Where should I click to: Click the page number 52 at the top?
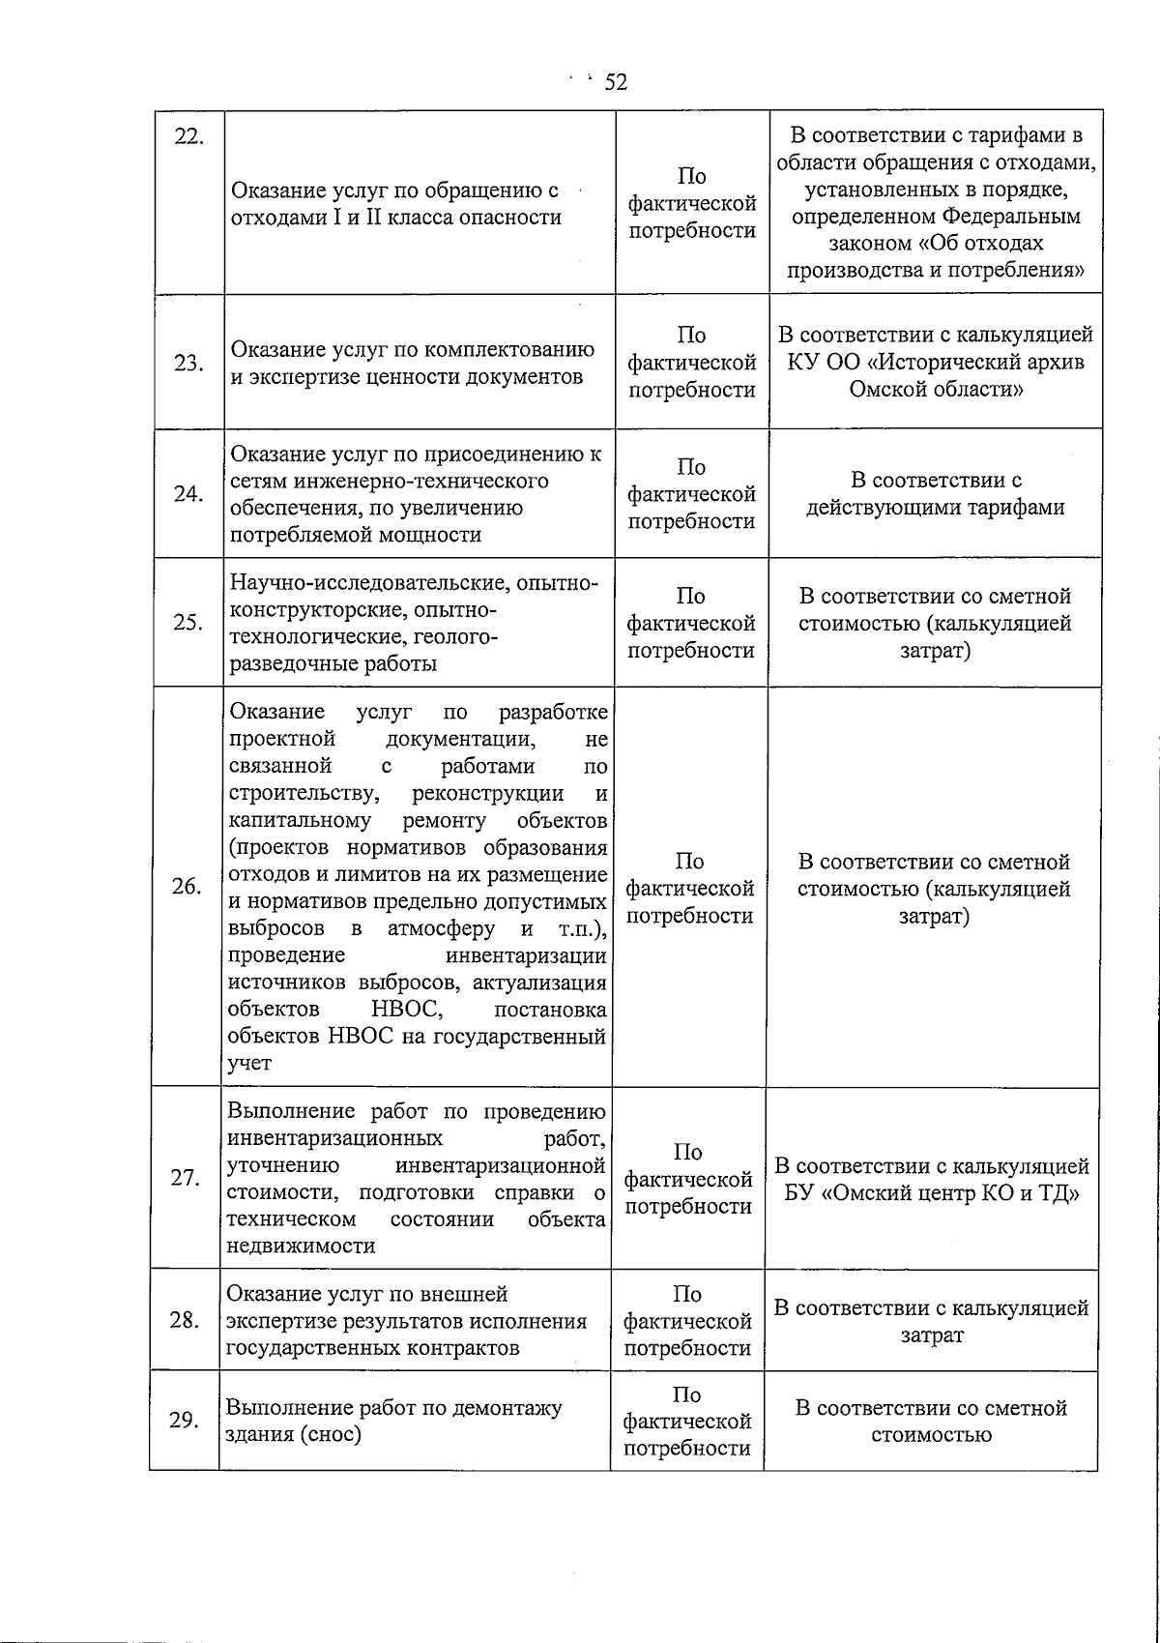[x=616, y=82]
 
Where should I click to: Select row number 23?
[x=188, y=363]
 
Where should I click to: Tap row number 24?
[x=188, y=494]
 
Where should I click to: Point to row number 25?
[x=188, y=622]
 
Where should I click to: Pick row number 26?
[x=187, y=887]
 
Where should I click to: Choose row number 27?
[x=186, y=1178]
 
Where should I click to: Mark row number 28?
[x=185, y=1320]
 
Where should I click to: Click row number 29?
[x=184, y=1420]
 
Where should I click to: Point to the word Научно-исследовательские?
[x=372, y=583]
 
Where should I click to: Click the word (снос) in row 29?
[x=329, y=1433]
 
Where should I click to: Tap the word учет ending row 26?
[x=249, y=1063]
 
